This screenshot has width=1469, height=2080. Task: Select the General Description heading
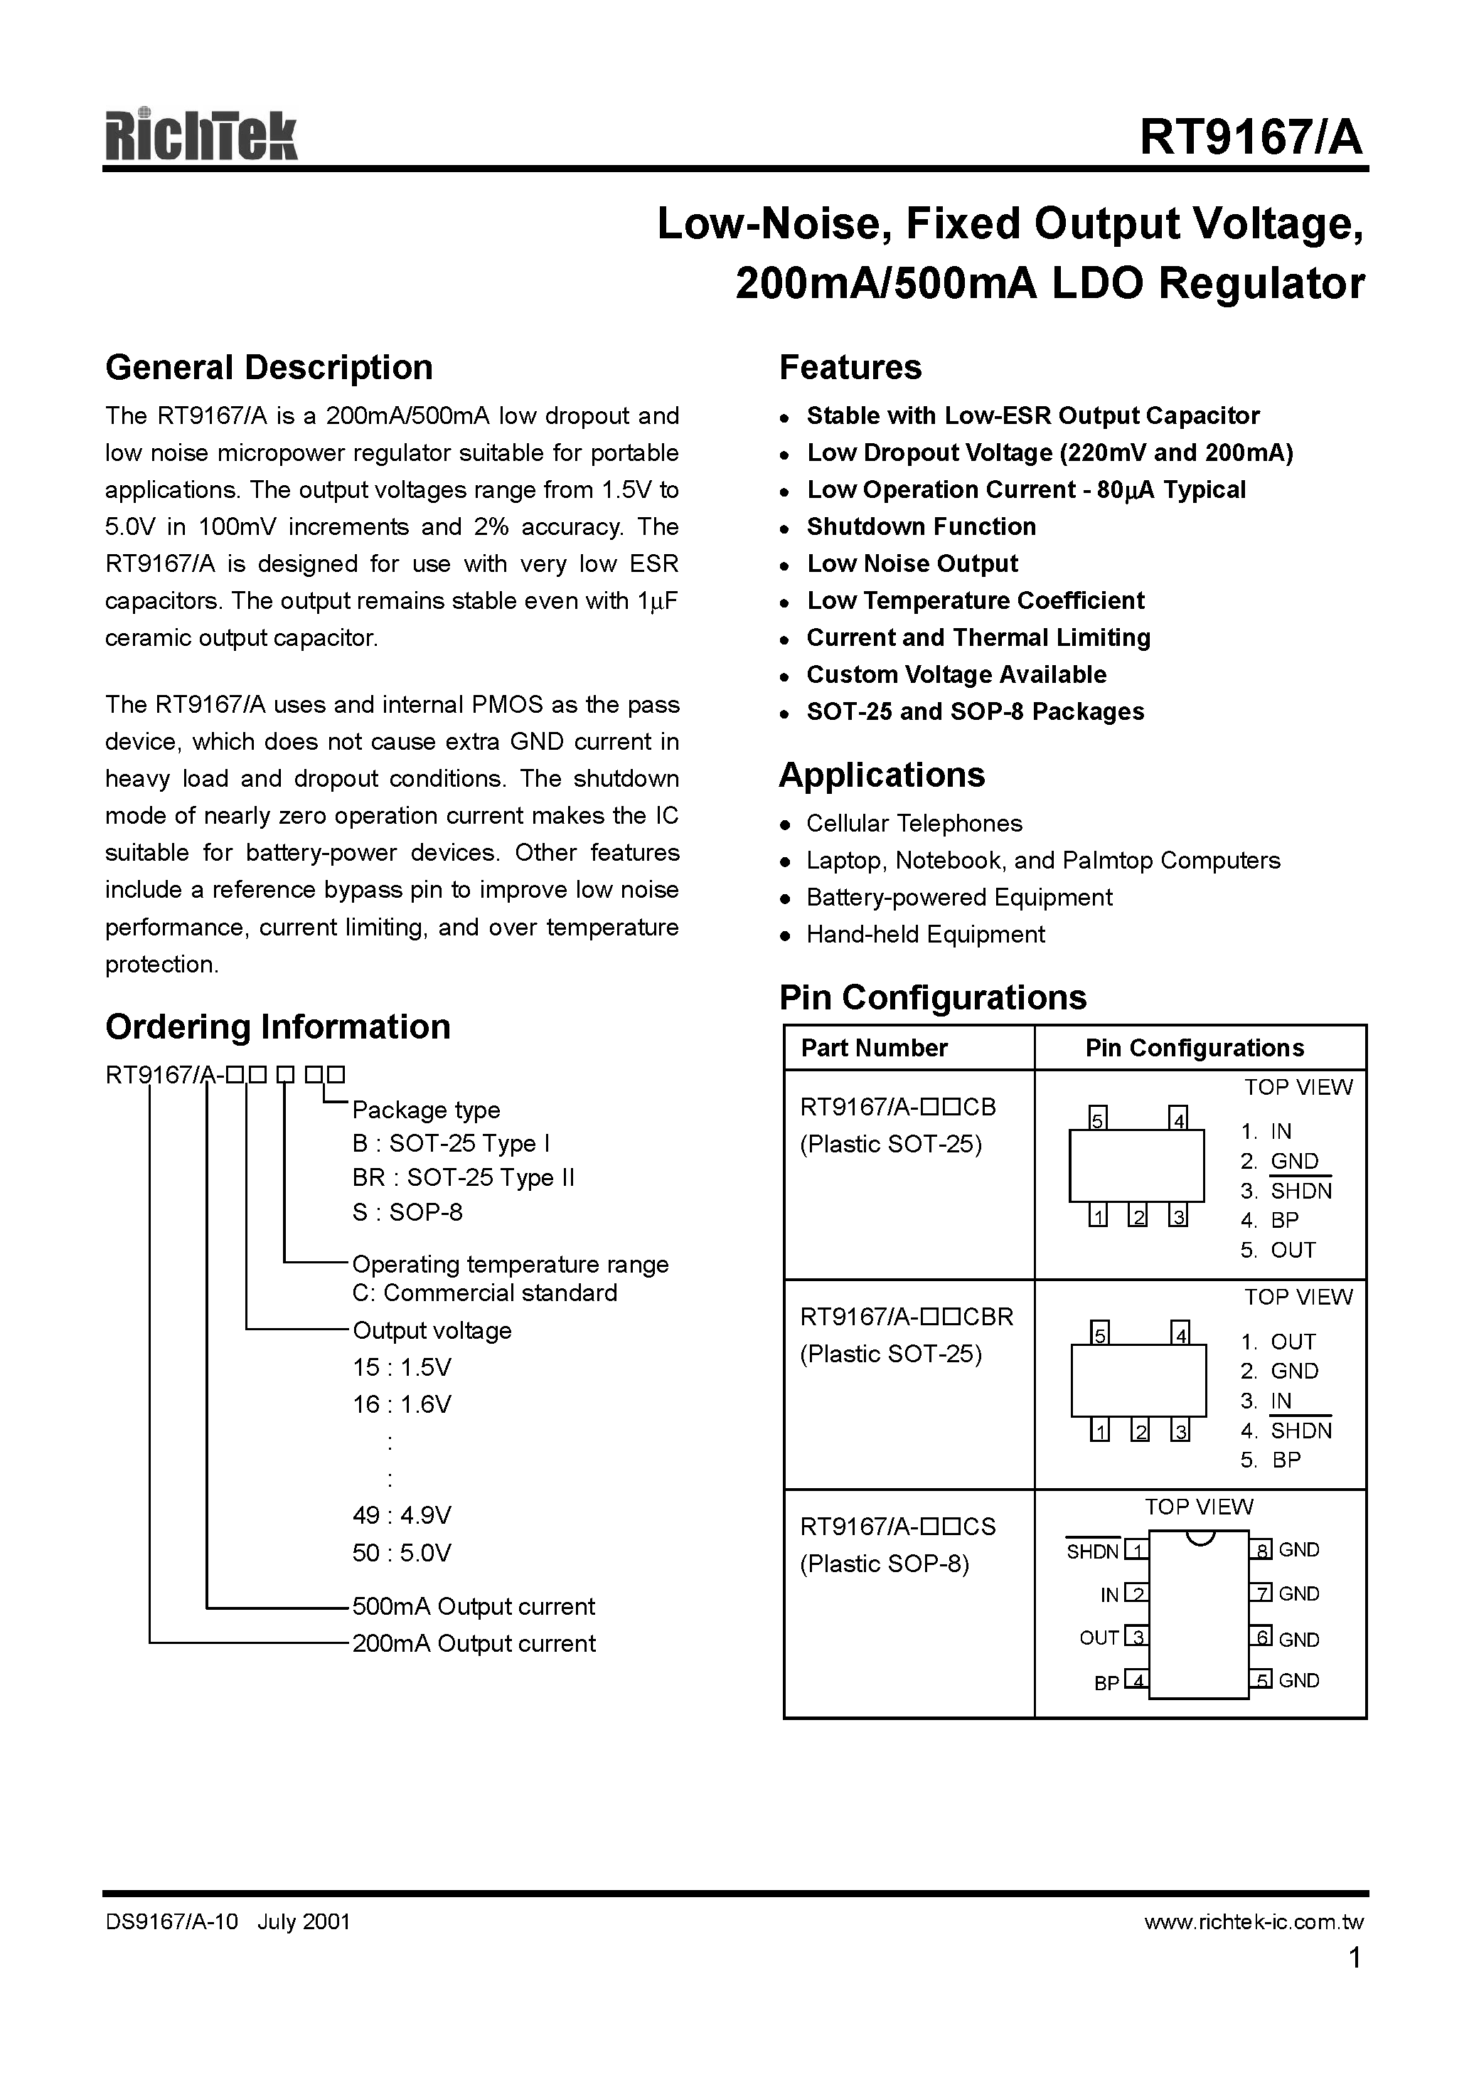coord(269,368)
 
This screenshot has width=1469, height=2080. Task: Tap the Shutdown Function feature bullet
coord(920,526)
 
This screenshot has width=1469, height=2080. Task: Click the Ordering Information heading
coord(277,1026)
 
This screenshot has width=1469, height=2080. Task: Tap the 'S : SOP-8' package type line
coord(407,1212)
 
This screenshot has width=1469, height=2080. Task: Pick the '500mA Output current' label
coord(473,1606)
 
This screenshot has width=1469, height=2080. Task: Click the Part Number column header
coord(873,1048)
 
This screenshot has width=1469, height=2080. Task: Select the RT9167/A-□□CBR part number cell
coord(906,1316)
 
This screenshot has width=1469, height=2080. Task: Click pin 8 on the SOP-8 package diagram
coord(1261,1549)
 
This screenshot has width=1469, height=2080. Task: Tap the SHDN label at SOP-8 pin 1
coord(1092,1552)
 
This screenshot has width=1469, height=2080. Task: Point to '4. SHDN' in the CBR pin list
coord(1286,1431)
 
